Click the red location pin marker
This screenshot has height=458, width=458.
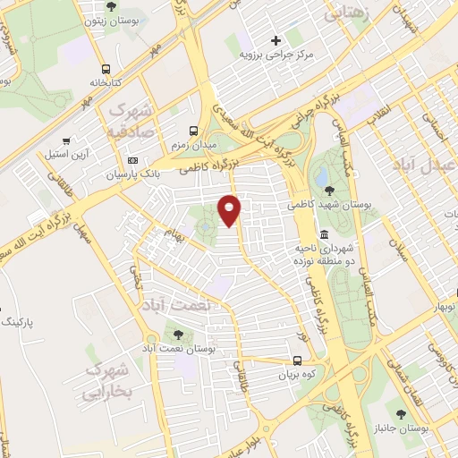pyautogui.click(x=230, y=209)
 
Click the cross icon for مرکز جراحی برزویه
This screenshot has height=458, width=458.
pyautogui.click(x=276, y=39)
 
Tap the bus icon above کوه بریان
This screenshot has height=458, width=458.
pyautogui.click(x=297, y=362)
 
